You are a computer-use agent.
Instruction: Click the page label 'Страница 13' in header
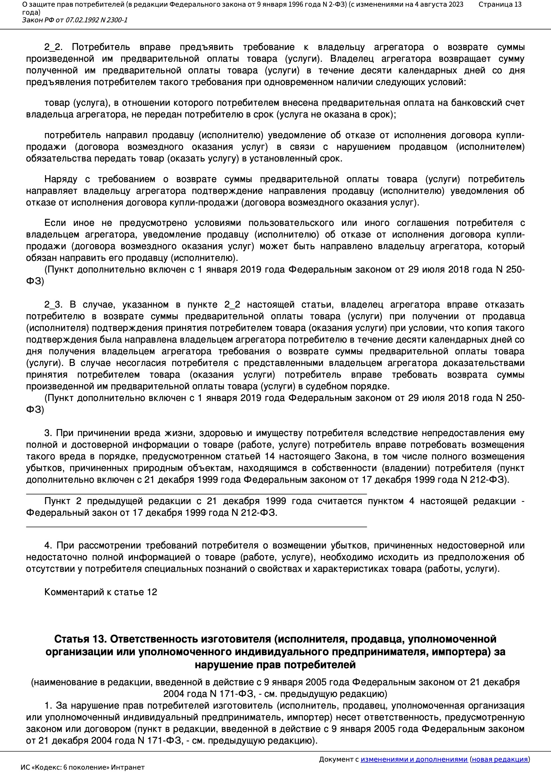click(x=500, y=4)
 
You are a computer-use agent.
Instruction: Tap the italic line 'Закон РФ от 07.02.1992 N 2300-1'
click(x=75, y=20)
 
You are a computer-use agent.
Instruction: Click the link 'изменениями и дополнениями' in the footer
click(x=414, y=759)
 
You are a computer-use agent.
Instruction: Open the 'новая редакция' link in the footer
click(x=500, y=759)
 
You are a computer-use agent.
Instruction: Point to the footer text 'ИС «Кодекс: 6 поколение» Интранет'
click(x=82, y=767)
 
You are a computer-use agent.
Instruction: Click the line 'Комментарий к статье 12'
click(x=100, y=592)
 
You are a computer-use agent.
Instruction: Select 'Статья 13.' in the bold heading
click(x=80, y=639)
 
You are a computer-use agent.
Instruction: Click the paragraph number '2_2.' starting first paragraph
click(x=53, y=47)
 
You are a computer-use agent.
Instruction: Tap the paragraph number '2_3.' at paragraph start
click(x=53, y=304)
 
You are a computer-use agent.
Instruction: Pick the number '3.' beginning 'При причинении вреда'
click(x=48, y=433)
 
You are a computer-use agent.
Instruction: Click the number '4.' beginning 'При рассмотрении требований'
click(x=48, y=545)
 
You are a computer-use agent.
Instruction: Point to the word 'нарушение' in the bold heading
click(x=221, y=665)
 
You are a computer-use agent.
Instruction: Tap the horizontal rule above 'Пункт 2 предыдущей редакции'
click(x=196, y=494)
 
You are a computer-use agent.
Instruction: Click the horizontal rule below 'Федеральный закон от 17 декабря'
click(x=196, y=526)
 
